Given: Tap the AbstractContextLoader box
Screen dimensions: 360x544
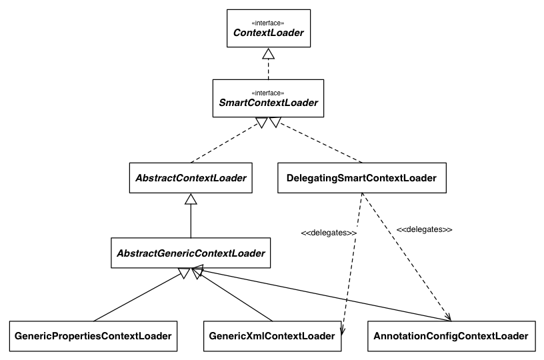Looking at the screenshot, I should [x=191, y=178].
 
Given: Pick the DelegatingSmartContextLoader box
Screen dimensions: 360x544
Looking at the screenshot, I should [x=361, y=178].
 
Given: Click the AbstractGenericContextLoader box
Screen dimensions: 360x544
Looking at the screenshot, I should [x=191, y=253].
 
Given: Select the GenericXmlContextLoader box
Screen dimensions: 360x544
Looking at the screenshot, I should [x=271, y=336].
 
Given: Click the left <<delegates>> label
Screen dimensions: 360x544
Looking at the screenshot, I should [x=327, y=233].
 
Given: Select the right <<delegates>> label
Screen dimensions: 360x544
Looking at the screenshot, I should [x=425, y=229].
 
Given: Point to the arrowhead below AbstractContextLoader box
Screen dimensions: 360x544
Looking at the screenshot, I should [x=191, y=199].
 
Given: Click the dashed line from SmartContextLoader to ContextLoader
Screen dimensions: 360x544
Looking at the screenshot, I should [x=268, y=69].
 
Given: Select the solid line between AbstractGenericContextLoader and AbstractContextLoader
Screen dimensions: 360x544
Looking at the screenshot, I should [x=191, y=220].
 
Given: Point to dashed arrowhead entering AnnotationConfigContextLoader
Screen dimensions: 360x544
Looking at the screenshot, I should [x=447, y=315].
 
